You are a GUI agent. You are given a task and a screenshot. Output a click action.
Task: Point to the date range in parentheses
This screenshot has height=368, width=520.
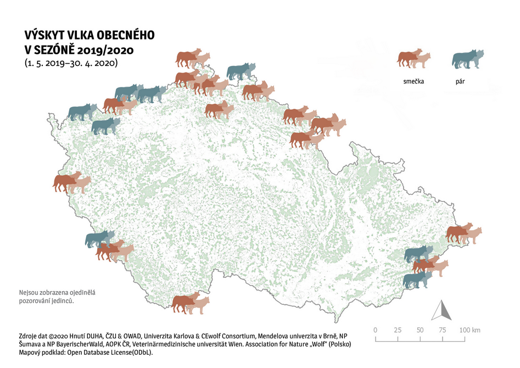tap(71, 63)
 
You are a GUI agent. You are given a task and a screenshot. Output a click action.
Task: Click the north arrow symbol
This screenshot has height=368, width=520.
tap(441, 311)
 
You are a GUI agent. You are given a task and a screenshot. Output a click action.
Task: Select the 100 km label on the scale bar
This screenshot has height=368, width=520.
tap(469, 330)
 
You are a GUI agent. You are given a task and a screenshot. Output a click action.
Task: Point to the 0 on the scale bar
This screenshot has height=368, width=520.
tap(375, 330)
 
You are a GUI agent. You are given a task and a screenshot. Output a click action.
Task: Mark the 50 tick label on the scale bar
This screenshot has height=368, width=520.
tap(420, 330)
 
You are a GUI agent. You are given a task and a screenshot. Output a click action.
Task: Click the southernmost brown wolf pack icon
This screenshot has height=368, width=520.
tap(190, 303)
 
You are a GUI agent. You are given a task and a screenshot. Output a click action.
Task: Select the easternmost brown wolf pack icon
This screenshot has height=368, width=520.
tap(463, 233)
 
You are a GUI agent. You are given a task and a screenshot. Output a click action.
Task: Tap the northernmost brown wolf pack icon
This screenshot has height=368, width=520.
tap(193, 58)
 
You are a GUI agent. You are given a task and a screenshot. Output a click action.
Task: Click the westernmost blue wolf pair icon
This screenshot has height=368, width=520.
tap(82, 112)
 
